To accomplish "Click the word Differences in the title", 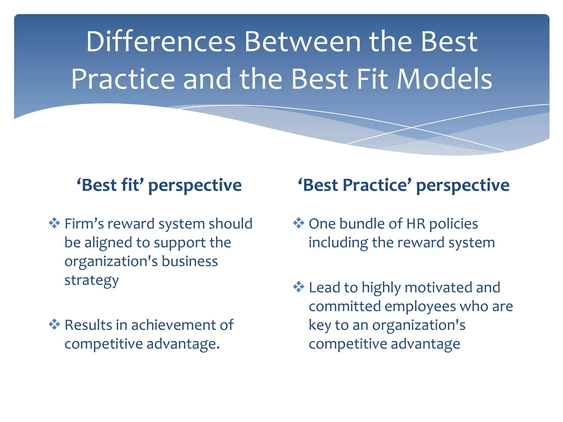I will tap(161, 42).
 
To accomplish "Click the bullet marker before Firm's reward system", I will tap(54, 223).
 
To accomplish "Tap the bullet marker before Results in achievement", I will tap(54, 324).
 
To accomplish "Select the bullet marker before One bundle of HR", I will tap(299, 223).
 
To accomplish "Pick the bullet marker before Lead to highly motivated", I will tap(299, 287).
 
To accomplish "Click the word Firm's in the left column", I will tap(84, 224).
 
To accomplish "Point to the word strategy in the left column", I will tap(92, 280).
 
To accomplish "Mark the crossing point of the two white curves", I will tap(412, 127).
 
